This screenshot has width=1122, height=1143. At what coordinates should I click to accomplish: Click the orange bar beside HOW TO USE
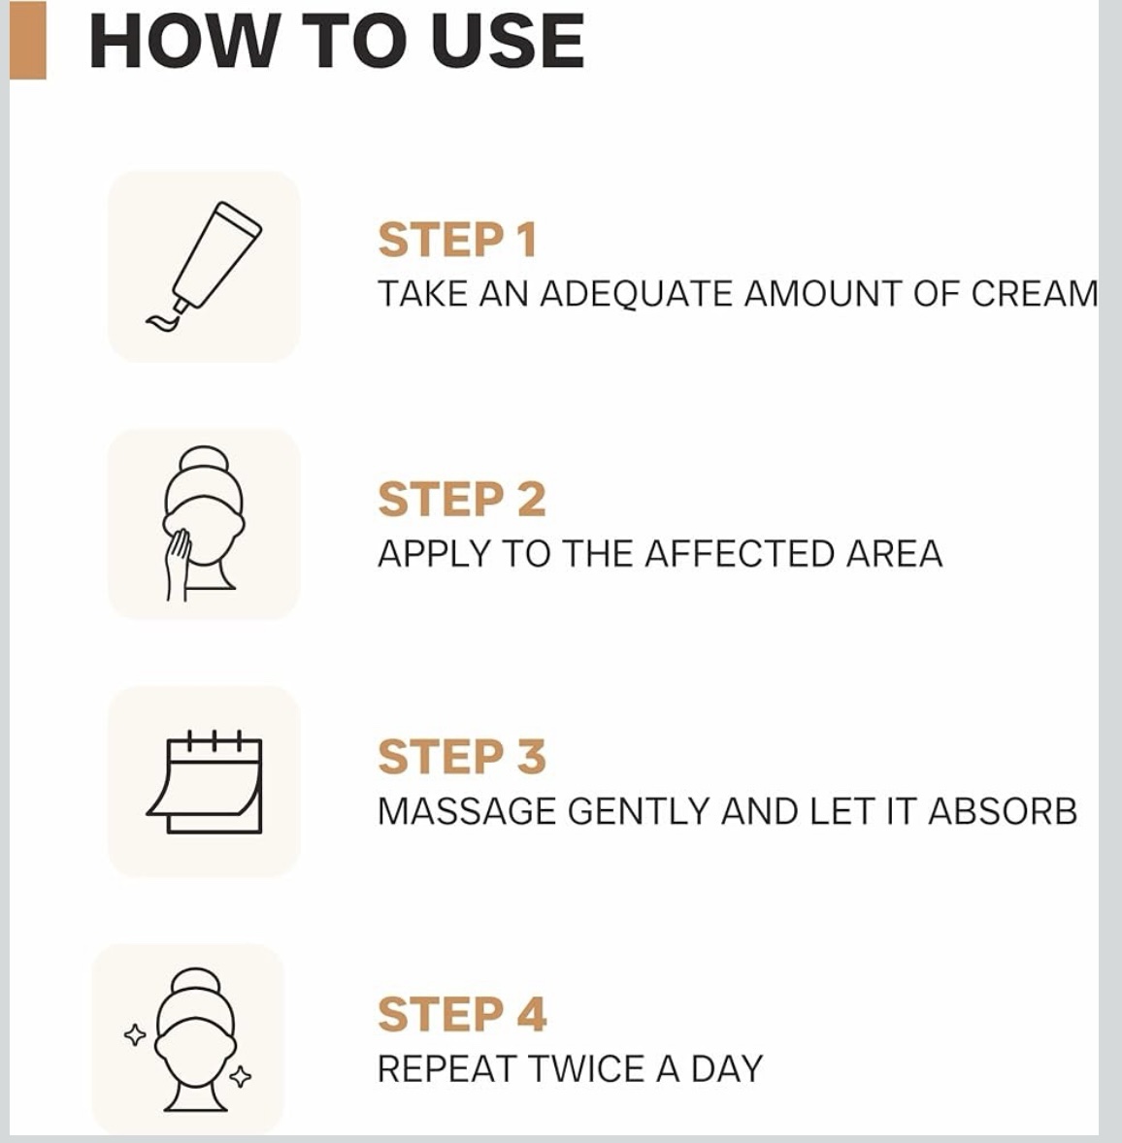pyautogui.click(x=28, y=40)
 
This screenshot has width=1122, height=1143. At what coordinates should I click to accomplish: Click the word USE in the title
pyautogui.click(x=508, y=41)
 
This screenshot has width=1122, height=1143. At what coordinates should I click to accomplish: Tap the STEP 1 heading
pyautogui.click(x=457, y=240)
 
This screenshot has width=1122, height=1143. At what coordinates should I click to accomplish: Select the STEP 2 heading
pyautogui.click(x=461, y=499)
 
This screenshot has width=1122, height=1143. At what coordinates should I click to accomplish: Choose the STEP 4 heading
pyautogui.click(x=462, y=1014)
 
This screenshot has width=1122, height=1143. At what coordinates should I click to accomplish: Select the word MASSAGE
pyautogui.click(x=467, y=811)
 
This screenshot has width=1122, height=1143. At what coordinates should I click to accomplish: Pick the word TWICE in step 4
pyautogui.click(x=587, y=1068)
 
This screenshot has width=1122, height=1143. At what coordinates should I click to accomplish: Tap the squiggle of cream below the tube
pyautogui.click(x=164, y=321)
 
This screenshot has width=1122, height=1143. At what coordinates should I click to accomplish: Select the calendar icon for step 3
pyautogui.click(x=204, y=781)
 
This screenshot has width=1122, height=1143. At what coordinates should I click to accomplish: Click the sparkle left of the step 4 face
pyautogui.click(x=135, y=1034)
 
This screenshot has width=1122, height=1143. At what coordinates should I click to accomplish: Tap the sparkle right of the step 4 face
pyautogui.click(x=241, y=1076)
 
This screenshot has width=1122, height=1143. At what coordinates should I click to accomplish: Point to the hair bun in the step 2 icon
pyautogui.click(x=204, y=462)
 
